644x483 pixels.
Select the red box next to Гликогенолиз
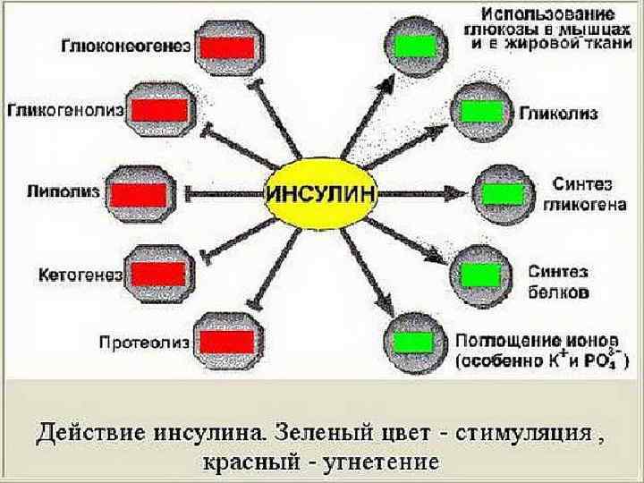(162, 110)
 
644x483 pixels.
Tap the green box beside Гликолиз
(484, 113)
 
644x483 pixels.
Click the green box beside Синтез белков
(484, 271)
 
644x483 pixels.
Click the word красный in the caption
(242, 462)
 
